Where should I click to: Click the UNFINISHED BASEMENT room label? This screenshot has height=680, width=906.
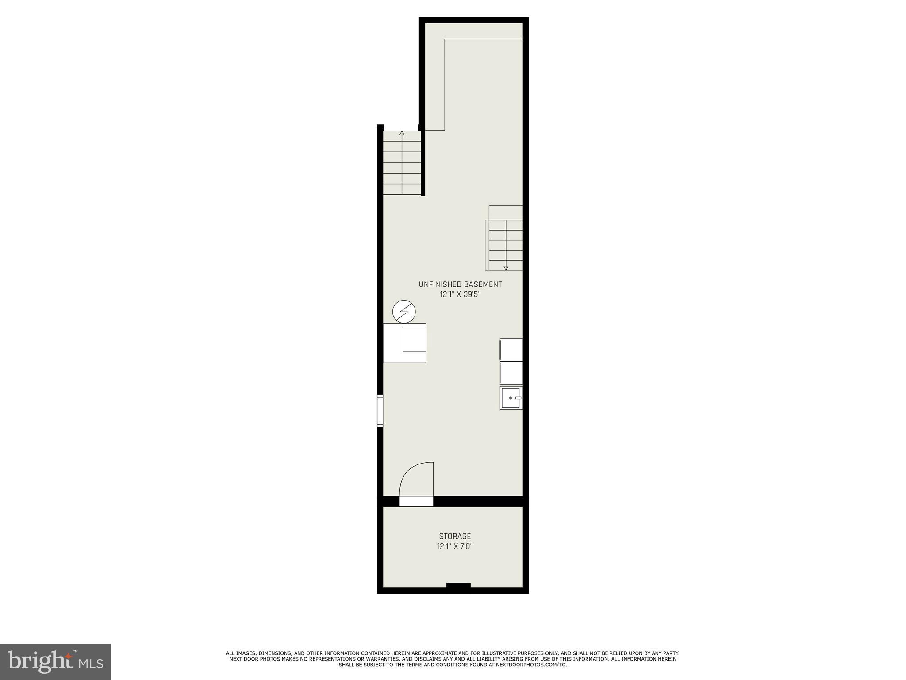460,284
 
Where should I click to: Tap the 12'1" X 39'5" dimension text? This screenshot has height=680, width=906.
460,294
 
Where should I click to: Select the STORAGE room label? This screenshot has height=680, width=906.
455,536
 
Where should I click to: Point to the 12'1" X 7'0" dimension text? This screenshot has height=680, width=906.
455,546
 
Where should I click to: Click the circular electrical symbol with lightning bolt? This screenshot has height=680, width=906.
404,312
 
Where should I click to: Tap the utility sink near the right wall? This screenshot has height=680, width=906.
511,398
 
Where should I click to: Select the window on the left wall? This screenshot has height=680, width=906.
380,411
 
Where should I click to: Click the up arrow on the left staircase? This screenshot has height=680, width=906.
402,133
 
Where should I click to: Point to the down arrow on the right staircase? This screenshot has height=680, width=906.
506,267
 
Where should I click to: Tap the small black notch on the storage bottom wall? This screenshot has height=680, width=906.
458,586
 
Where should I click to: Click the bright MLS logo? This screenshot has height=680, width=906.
55,661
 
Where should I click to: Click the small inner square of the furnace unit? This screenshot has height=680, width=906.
414,340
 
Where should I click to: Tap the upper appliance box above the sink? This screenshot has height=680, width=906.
511,350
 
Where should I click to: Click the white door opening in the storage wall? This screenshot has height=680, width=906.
416,501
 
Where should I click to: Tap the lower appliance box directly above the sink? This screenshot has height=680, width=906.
511,373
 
